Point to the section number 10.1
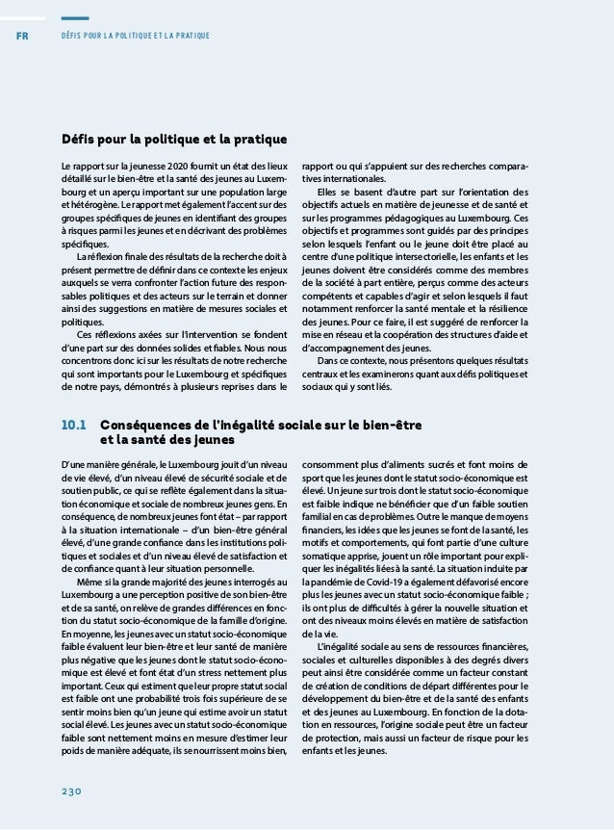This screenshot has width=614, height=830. (74, 425)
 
